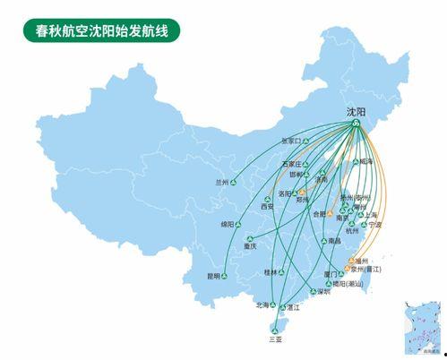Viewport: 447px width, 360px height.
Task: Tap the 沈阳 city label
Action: pyautogui.click(x=356, y=112)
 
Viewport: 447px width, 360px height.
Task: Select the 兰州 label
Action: pyautogui.click(x=222, y=182)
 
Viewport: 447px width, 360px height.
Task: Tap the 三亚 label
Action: pyautogui.click(x=274, y=339)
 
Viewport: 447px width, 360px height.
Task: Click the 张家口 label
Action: pyautogui.click(x=292, y=141)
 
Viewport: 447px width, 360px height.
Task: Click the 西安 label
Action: pyautogui.click(x=267, y=207)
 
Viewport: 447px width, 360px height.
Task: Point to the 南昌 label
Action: pyautogui.click(x=334, y=242)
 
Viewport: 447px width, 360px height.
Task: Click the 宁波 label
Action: pyautogui.click(x=374, y=224)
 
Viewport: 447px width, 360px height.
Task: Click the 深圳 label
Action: pyautogui.click(x=323, y=292)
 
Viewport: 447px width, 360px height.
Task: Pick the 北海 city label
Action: pyautogui.click(x=262, y=304)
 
